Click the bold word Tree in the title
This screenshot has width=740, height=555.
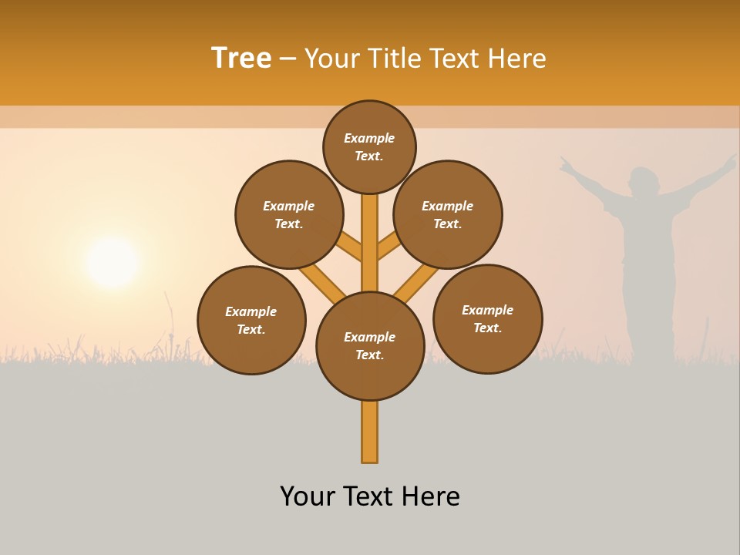point(241,59)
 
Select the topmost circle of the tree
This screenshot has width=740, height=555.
point(369,146)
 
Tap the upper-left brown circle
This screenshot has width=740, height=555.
point(289,214)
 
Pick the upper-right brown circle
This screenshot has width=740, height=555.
point(448,214)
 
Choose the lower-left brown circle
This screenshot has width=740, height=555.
point(251,320)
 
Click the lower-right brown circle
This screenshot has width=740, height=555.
point(487,318)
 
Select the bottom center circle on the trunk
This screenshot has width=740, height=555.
point(370,345)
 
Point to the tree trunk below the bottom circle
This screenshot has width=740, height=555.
point(370,432)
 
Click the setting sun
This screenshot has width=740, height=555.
point(113,263)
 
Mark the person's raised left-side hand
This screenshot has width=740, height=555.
point(567,164)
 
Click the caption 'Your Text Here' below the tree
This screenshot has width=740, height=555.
point(370,496)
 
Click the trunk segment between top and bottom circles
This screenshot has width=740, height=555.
point(370,247)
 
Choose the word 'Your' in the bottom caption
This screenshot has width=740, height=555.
point(308,496)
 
